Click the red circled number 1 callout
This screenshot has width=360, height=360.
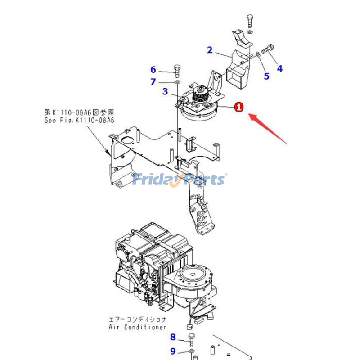point(239,107)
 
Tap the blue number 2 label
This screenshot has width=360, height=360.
point(210,50)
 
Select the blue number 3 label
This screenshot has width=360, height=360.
point(165,92)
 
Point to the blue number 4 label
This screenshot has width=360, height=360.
point(279,69)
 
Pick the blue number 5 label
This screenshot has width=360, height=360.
point(266,76)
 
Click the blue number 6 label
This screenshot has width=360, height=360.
point(153,70)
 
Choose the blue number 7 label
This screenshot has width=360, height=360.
point(153,82)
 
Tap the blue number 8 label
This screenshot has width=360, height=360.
point(173,337)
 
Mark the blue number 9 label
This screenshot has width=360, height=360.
point(173,351)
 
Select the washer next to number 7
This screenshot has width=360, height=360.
point(177,82)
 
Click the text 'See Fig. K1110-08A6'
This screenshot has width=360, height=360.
point(79,121)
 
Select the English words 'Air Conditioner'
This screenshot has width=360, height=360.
point(137,327)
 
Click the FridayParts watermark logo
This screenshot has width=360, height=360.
point(179,180)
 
